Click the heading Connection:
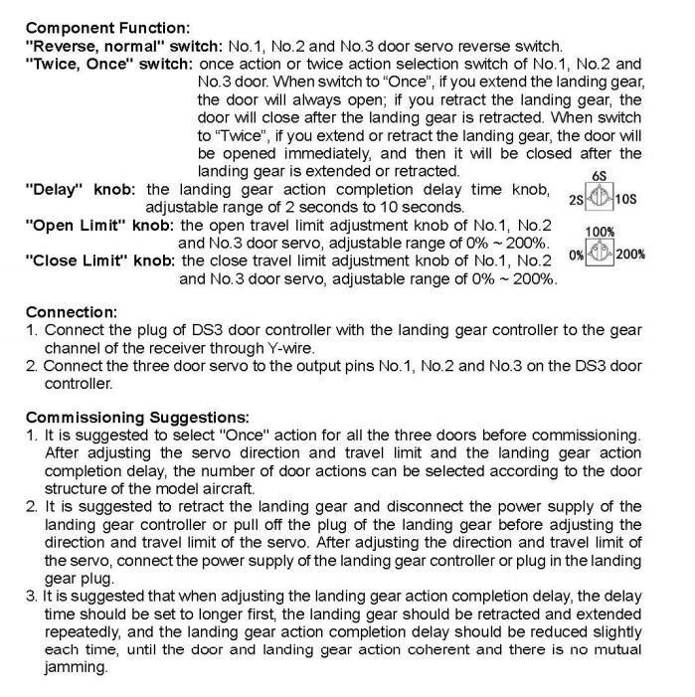[x=65, y=311]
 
